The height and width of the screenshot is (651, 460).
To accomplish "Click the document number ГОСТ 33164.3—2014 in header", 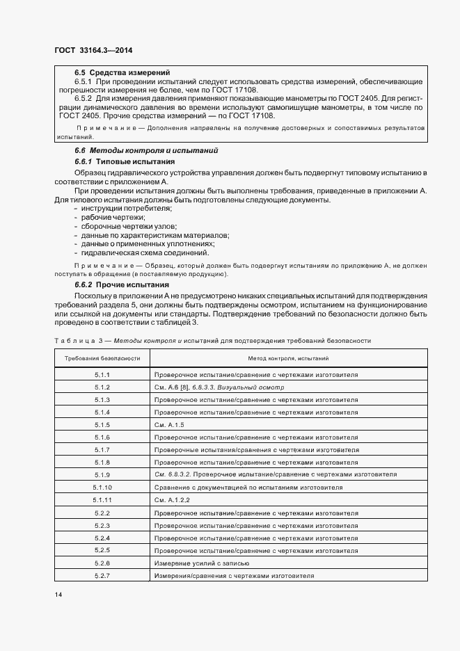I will tap(93, 50).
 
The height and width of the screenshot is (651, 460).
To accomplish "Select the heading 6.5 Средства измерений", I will tap(122, 72).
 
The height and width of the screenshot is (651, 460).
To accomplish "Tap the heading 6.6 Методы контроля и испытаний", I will tap(146, 150).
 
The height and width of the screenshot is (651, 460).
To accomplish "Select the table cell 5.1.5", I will tap(102, 424).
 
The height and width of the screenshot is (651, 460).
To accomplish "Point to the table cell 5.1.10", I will tap(102, 488).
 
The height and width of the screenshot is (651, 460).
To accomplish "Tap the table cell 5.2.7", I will tap(102, 576).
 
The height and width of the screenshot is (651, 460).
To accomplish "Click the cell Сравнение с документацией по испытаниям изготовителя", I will tap(248, 488).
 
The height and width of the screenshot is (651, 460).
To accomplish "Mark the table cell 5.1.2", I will tap(102, 387).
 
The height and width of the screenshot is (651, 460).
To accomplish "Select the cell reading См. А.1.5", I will tap(169, 424).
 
